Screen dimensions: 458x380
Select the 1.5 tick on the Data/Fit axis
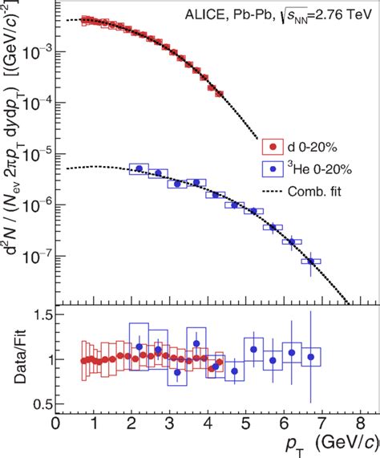(x=38, y=318)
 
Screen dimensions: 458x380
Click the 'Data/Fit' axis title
(x=14, y=359)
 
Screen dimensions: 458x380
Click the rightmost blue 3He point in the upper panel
(x=311, y=261)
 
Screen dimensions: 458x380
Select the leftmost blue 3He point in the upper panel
(x=139, y=168)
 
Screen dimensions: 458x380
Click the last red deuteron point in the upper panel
(x=220, y=93)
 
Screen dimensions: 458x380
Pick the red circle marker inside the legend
(x=273, y=147)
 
